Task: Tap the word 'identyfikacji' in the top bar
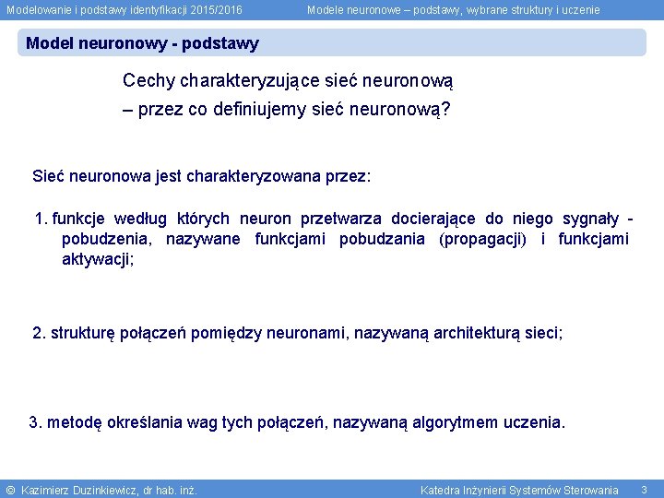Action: (x=150, y=9)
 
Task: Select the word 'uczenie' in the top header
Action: (x=577, y=9)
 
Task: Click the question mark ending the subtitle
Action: (x=445, y=109)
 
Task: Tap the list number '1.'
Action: (x=41, y=219)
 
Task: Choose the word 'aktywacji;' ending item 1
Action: (x=98, y=259)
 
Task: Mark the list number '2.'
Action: (x=39, y=332)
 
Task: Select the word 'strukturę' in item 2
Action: (x=82, y=332)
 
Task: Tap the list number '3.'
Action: (x=36, y=422)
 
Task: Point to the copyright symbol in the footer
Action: (x=10, y=490)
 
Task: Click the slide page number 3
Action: (x=644, y=489)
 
